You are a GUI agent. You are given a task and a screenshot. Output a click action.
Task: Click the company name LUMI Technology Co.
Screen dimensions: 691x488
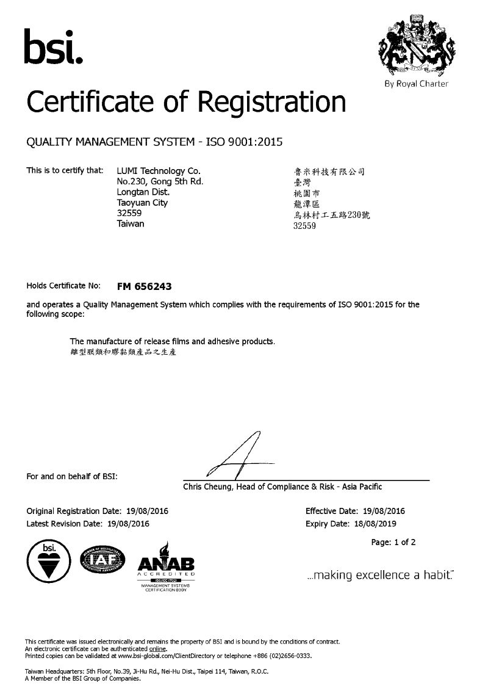158,171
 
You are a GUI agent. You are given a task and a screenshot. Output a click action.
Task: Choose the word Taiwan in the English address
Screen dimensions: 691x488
130,224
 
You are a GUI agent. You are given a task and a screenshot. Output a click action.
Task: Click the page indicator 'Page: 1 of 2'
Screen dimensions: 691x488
393,542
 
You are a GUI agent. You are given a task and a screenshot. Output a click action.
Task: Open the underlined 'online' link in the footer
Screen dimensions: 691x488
157,649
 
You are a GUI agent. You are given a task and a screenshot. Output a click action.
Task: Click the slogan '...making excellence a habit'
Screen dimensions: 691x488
380,575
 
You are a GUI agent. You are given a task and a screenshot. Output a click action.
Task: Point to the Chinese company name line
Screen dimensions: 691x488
329,172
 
